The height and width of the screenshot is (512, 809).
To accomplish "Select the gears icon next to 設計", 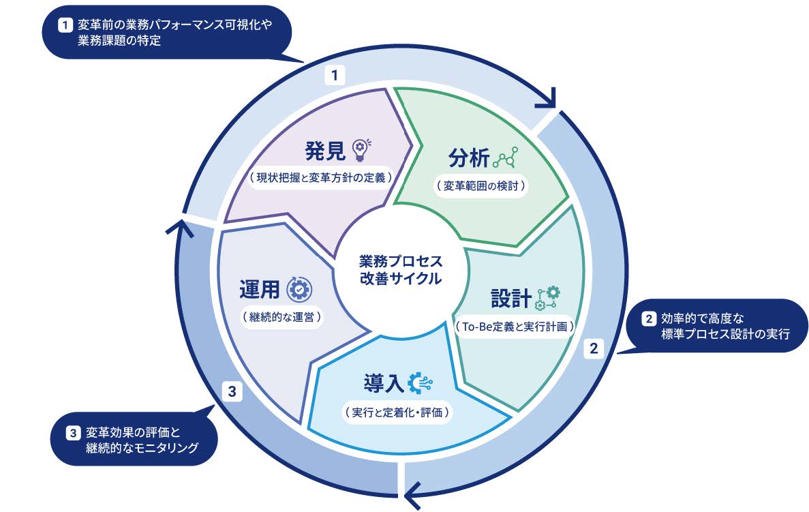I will pyautogui.click(x=548, y=298).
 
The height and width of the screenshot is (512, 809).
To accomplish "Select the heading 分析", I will pyautogui.click(x=468, y=157).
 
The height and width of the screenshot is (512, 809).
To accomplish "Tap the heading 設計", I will pyautogui.click(x=510, y=298).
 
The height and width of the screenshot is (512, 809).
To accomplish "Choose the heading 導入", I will pyautogui.click(x=382, y=384).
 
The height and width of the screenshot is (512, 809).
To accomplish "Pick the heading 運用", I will pyautogui.click(x=260, y=289).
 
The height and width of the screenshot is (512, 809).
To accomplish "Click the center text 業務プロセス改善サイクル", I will pyautogui.click(x=401, y=270).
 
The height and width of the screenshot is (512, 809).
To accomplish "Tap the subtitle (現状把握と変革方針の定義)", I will pyautogui.click(x=320, y=178).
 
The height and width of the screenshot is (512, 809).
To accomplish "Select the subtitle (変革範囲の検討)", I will pyautogui.click(x=481, y=185).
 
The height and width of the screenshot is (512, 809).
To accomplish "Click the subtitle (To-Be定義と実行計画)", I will pyautogui.click(x=515, y=327).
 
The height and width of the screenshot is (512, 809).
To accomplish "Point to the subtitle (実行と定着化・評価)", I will pyautogui.click(x=398, y=412).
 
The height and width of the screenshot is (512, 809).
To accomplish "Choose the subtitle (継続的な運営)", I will pyautogui.click(x=281, y=317).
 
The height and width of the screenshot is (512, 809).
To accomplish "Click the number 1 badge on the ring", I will pyautogui.click(x=334, y=75).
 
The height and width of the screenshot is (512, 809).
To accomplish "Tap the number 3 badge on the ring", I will pyautogui.click(x=232, y=391).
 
